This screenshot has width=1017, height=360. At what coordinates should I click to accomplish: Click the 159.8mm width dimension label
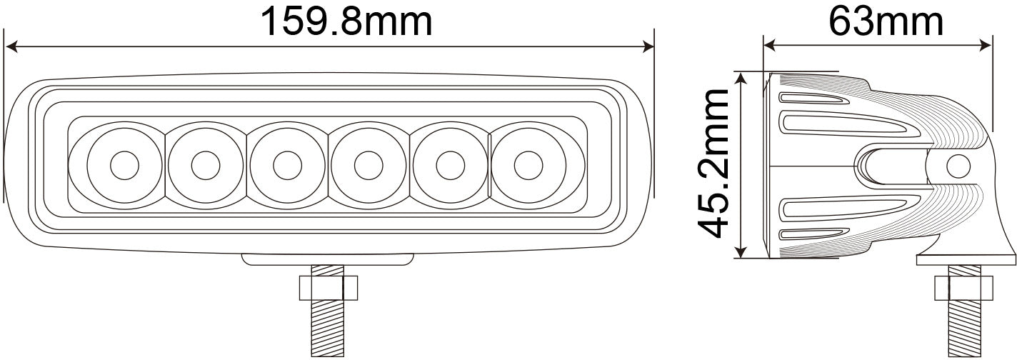(346, 21)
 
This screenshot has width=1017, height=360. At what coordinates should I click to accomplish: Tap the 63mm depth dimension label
(886, 21)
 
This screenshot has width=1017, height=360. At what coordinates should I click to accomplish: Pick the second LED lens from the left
(205, 165)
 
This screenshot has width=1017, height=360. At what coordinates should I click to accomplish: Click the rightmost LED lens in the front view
(528, 165)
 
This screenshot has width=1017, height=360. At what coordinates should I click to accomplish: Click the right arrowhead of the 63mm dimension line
(987, 46)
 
